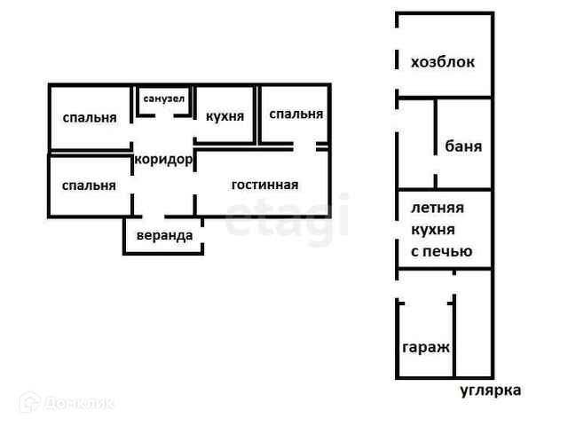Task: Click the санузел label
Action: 164,99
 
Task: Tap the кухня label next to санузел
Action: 225,117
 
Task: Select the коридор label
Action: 162,160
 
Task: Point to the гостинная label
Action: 264,185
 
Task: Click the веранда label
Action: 163,236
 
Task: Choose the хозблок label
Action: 443,62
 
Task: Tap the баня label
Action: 464,146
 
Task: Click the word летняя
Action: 437,209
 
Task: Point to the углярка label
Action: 491,390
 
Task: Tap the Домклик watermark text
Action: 80,404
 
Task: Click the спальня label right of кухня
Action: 296,114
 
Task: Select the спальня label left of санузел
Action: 90,118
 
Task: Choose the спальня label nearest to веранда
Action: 89,185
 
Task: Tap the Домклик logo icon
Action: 30,404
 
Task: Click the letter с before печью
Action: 414,251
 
